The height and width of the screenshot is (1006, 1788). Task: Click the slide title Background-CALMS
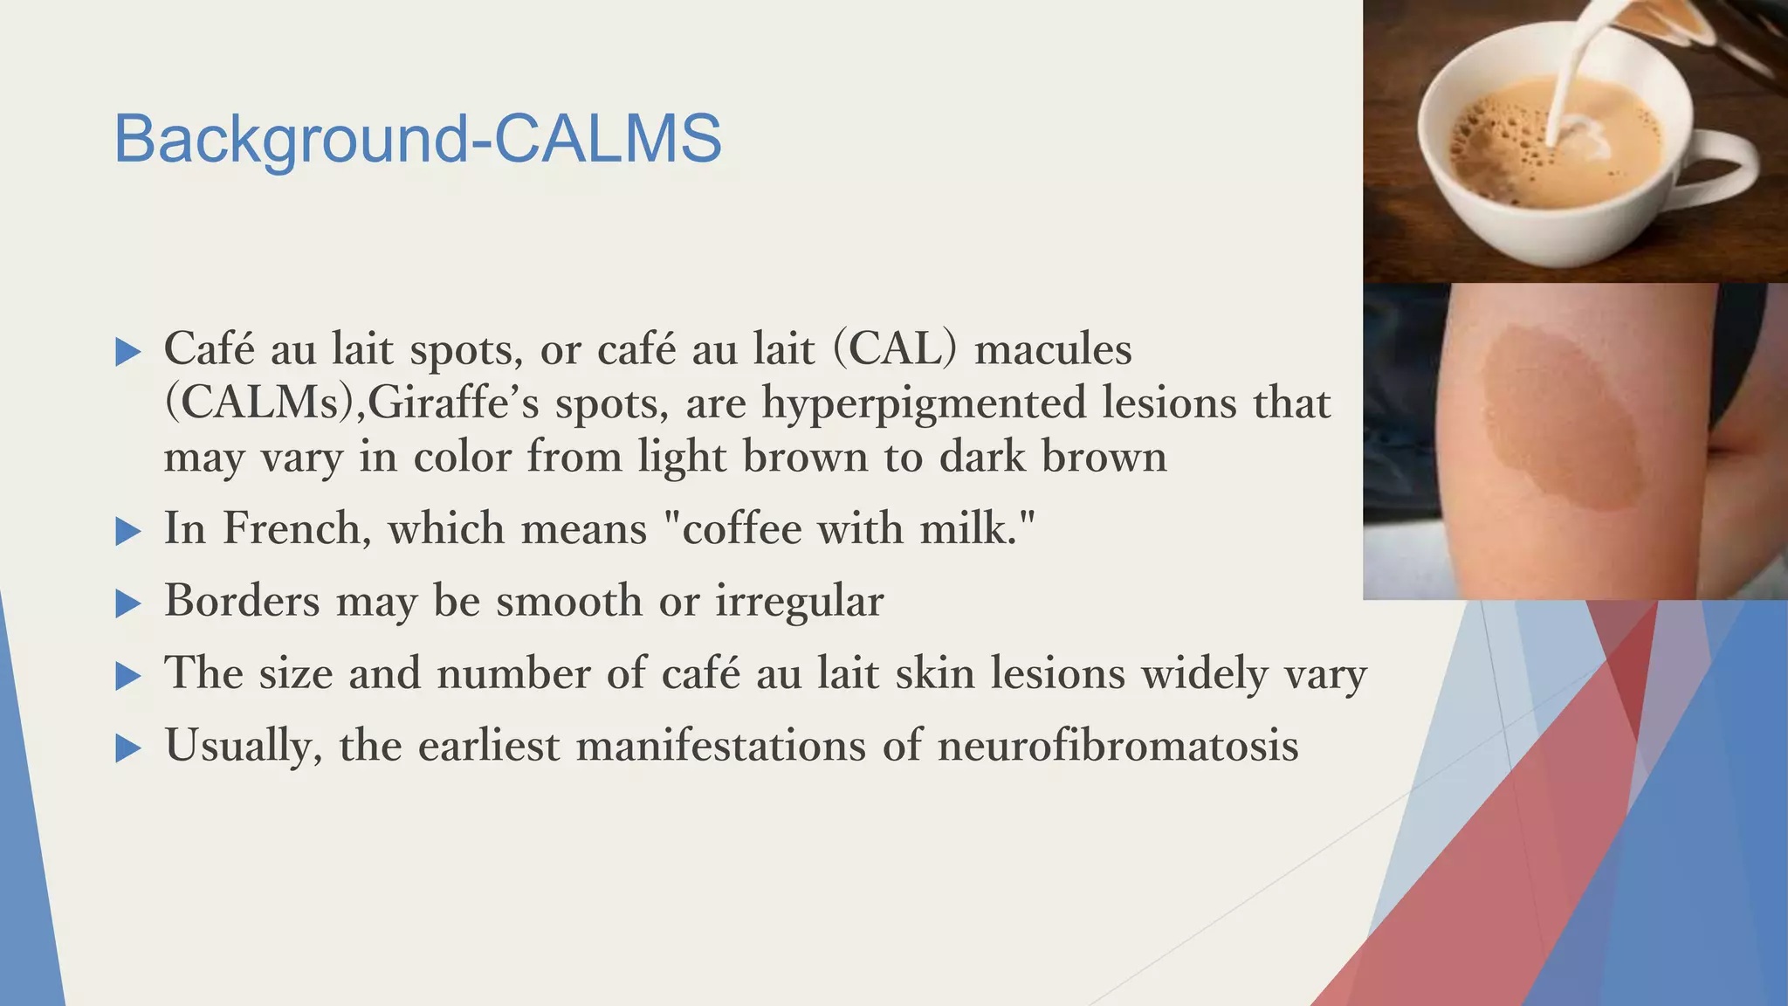(417, 138)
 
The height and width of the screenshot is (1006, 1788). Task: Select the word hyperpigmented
(924, 403)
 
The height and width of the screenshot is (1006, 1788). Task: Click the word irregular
(799, 601)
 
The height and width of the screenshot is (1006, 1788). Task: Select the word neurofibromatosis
(1117, 745)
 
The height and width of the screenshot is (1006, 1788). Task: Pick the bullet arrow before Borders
(128, 603)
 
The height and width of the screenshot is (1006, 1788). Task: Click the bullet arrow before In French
(128, 531)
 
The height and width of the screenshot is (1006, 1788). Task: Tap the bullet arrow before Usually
(128, 748)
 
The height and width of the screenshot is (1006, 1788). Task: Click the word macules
(1053, 349)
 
